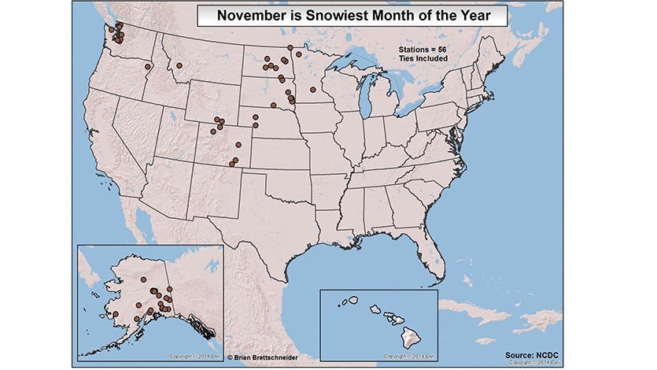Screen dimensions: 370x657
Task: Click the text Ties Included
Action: click(x=423, y=58)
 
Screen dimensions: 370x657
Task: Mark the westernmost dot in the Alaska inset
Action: click(x=116, y=314)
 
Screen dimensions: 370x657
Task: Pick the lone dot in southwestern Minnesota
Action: click(x=312, y=90)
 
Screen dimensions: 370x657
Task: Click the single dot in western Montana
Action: click(x=179, y=65)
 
